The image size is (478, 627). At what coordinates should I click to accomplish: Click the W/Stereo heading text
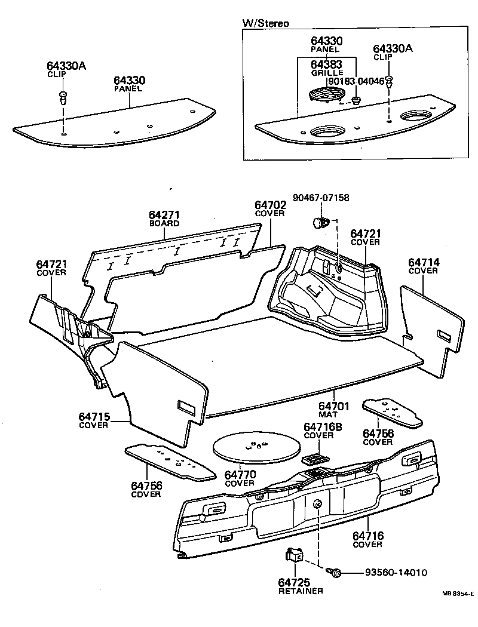(x=265, y=23)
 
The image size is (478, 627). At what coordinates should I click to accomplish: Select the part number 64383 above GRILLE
(x=327, y=64)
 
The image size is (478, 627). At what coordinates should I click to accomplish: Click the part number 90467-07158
(x=321, y=198)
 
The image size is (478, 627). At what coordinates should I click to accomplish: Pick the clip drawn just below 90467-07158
(x=321, y=223)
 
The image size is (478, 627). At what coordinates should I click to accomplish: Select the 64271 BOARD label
(x=164, y=219)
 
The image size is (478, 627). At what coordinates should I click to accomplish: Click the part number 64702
(x=270, y=205)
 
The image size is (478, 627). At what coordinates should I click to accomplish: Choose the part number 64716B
(x=323, y=427)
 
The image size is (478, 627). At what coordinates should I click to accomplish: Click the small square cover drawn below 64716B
(x=313, y=459)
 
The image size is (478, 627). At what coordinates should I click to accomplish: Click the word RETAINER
(x=301, y=591)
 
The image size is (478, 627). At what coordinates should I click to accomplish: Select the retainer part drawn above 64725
(x=293, y=556)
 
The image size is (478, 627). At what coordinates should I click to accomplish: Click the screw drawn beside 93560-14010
(x=335, y=573)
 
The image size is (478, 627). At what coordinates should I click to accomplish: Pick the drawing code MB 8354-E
(x=458, y=594)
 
